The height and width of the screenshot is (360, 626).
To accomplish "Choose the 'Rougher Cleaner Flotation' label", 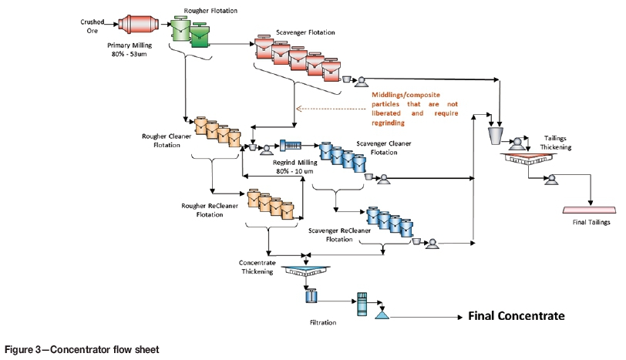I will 165,141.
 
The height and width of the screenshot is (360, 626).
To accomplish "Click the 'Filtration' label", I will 324,321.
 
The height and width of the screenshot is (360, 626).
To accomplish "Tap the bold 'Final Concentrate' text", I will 517,316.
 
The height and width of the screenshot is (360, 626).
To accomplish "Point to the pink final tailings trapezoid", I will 589,210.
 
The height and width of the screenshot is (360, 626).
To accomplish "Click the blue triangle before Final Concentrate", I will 381,315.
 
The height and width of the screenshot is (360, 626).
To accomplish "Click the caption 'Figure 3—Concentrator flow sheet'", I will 81,349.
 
